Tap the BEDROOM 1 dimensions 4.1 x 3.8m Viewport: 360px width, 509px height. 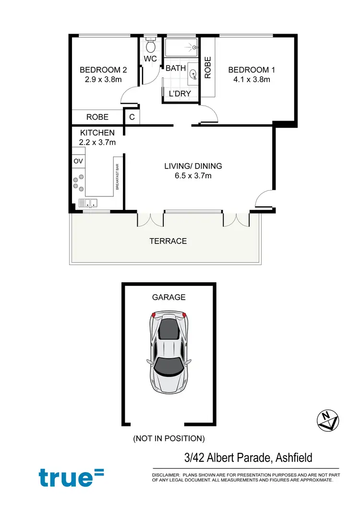[249, 80]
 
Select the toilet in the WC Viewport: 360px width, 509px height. [150, 46]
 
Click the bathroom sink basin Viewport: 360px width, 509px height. [193, 74]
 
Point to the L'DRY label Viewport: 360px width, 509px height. [180, 94]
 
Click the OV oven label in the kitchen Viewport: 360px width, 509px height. [78, 161]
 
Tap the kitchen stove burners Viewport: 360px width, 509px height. [78, 184]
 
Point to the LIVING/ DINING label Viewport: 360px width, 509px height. [193, 166]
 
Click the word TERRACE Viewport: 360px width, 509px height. [168, 241]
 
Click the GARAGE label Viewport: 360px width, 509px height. [168, 297]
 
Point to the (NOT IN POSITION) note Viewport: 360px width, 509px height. [169, 438]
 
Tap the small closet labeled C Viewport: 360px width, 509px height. [131, 117]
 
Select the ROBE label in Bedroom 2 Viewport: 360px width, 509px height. [97, 117]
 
